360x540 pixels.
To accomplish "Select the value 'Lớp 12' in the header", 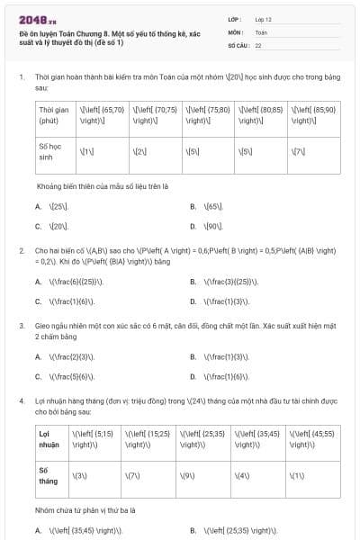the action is pos(265,18).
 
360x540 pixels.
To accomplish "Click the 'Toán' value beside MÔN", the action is pos(261,31).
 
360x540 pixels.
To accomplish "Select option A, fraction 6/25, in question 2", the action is pos(70,282).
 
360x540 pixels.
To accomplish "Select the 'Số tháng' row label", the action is pos(47,474).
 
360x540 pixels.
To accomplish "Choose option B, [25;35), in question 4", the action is pos(243,530).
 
